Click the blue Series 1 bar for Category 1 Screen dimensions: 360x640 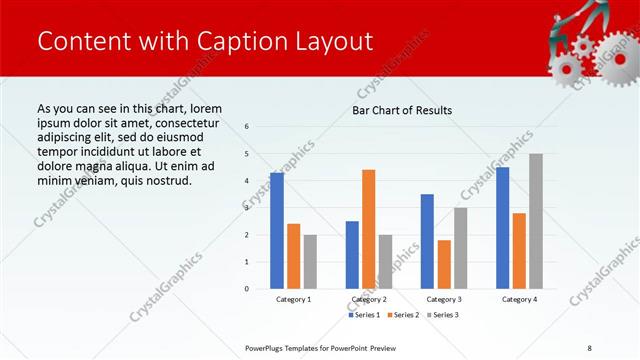[277, 231]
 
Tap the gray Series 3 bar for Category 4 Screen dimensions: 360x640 [536, 221]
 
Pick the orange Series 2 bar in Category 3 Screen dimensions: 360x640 [444, 264]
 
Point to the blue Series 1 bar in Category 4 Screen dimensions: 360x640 [502, 228]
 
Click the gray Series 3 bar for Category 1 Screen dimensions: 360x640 [310, 262]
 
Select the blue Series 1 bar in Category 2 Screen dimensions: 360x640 [352, 255]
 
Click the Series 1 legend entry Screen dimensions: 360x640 [364, 315]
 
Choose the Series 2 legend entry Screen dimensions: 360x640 [403, 315]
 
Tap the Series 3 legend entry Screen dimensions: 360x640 [443, 315]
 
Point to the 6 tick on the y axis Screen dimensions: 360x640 [247, 127]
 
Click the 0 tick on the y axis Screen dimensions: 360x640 [247, 289]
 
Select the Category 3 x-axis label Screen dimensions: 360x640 [444, 299]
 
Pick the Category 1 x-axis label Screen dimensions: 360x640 [294, 299]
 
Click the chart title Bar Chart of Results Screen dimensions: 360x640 [402, 110]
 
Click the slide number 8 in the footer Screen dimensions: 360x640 [590, 347]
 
